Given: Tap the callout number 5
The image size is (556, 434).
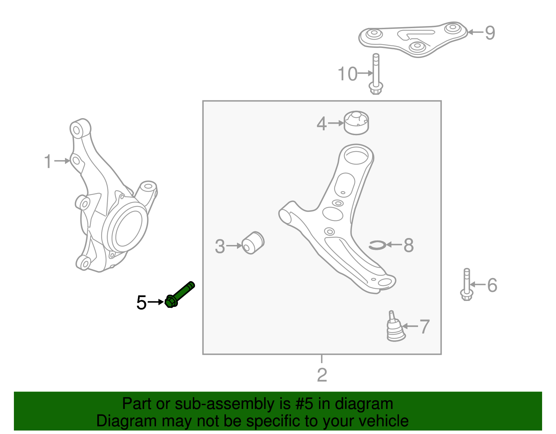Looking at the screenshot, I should (141, 303).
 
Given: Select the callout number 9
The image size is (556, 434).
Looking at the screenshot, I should (490, 33).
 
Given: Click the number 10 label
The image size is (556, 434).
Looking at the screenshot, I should (347, 74).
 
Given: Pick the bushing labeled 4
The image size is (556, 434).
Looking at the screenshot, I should (356, 123).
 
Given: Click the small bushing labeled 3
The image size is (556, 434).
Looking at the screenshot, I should (253, 243).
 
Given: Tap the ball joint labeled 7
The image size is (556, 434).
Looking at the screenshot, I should (395, 328).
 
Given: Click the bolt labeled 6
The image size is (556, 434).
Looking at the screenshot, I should (466, 285).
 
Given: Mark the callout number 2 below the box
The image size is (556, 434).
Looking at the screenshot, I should (322, 375).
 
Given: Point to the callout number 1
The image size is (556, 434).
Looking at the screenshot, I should (48, 162).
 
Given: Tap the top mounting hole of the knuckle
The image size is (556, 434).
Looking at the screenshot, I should (76, 130).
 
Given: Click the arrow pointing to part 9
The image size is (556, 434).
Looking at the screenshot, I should (475, 32).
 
